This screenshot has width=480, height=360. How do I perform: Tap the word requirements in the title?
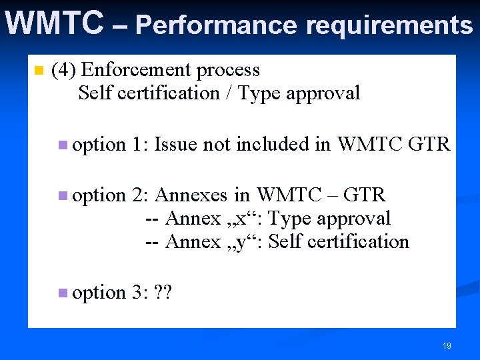coord(389,25)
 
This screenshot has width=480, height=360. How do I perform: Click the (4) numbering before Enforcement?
coord(64,70)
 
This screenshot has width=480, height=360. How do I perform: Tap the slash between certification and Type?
coord(229,93)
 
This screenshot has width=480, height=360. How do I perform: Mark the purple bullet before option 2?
coord(62,195)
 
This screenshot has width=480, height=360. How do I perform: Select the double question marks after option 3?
coord(163,293)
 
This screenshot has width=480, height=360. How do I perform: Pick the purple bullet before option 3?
coord(62,293)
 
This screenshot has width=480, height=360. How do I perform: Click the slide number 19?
coord(447,346)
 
